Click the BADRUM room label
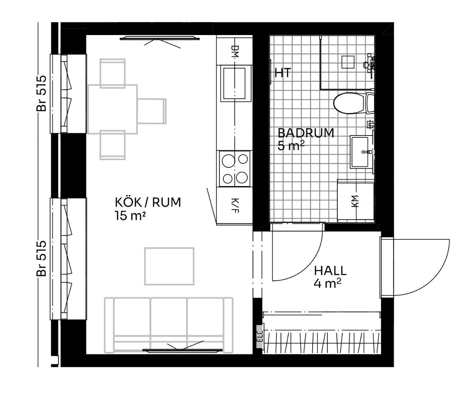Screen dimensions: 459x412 tap(306, 133)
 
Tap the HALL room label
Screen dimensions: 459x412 tap(330, 271)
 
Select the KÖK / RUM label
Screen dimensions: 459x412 tap(148, 202)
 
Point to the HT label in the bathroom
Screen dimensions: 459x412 tap(283, 73)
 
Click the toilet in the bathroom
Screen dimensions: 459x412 tap(353, 103)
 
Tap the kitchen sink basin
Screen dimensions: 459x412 tap(234, 83)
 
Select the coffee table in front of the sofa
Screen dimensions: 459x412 tap(169, 266)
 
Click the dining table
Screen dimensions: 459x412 tap(113, 109)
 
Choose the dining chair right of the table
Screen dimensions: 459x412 tap(152, 111)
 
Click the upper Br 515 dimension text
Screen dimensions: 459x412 tap(41, 93)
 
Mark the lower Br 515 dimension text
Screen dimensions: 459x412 tap(41, 258)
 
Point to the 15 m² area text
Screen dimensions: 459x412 tap(130, 216)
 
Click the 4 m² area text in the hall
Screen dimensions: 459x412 tap(327, 283)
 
